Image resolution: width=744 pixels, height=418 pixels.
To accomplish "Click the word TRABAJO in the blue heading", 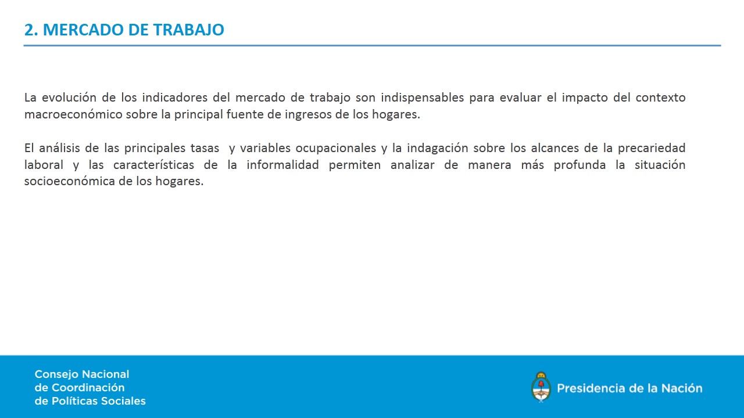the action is (x=189, y=30).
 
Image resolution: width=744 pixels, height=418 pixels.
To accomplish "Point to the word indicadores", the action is (x=175, y=98).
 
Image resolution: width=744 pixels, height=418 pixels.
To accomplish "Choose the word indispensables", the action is (x=422, y=98).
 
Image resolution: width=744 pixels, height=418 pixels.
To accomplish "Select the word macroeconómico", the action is (x=73, y=114).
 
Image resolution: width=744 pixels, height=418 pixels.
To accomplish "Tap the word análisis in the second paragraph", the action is (x=59, y=148).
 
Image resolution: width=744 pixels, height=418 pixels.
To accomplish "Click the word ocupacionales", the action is (x=336, y=149).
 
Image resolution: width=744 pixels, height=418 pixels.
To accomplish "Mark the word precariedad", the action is (x=652, y=149).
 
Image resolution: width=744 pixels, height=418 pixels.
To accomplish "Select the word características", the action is (x=153, y=165).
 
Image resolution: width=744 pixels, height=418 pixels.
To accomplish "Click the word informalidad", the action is (x=282, y=165).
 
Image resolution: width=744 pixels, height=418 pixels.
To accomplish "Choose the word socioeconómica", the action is (x=69, y=181).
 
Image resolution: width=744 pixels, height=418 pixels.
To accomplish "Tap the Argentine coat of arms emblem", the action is (x=541, y=387).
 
